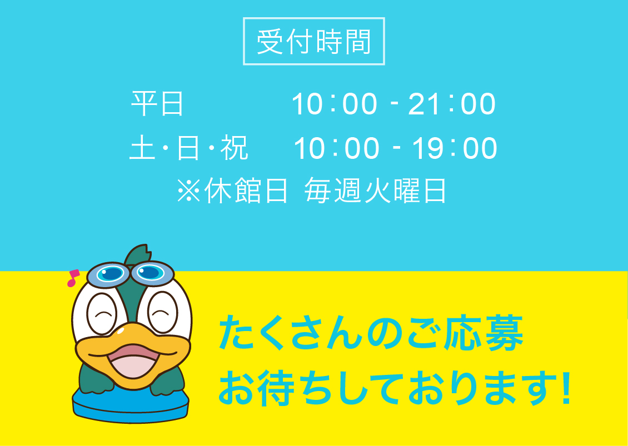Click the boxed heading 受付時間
coord(313,41)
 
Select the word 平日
coord(157,104)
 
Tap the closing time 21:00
coord(452,104)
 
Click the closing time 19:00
coord(455,148)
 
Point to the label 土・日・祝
coord(188,148)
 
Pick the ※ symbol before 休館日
coord(188,190)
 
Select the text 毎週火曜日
coord(375,190)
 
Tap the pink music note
coord(73,278)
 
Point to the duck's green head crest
coord(137,254)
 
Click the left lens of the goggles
coord(109,274)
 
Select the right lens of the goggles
coord(153,273)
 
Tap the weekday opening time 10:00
coord(335,104)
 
